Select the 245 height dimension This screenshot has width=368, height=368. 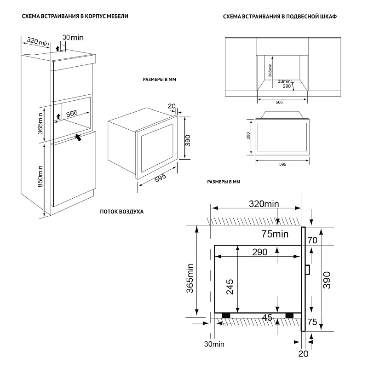point(230,287)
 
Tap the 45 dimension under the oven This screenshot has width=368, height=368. point(267,318)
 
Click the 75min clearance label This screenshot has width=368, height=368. point(275,235)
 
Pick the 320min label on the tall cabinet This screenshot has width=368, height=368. point(38,42)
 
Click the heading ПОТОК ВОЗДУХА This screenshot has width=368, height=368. point(121,212)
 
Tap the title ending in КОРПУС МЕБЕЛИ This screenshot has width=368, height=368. point(71,17)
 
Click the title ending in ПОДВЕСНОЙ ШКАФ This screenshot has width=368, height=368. point(279,17)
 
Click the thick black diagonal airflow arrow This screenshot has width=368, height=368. point(79,137)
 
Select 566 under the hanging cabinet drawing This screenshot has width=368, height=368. point(279,102)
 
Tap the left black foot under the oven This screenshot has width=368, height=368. point(226,316)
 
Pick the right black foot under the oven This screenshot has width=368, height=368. point(289,316)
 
